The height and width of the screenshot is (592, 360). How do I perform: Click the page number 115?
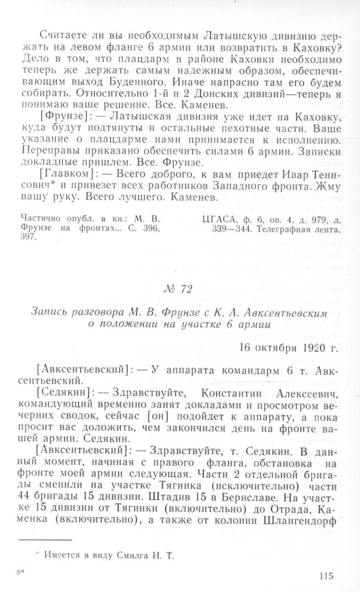click(325, 576)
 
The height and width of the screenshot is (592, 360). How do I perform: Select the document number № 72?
click(180, 290)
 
